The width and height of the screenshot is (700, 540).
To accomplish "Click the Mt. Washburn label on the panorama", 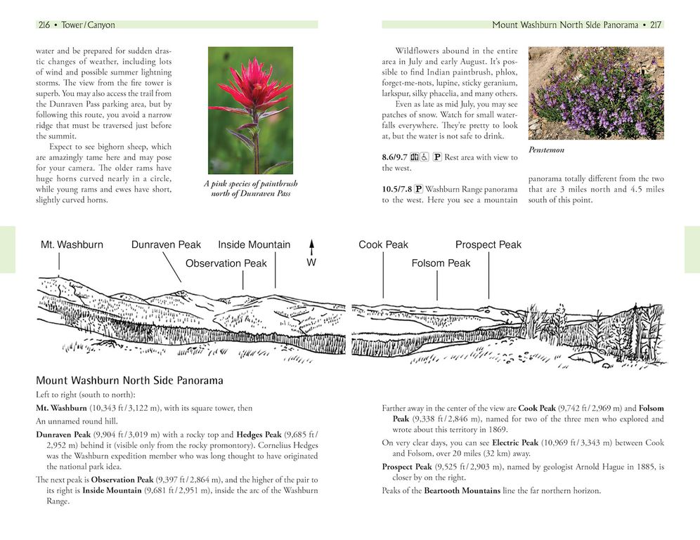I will tap(72, 245).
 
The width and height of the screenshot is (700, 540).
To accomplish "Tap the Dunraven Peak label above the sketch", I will tap(166, 245).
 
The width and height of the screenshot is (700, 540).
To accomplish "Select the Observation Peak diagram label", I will tap(226, 263).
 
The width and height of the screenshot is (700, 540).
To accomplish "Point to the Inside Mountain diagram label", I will tap(254, 245).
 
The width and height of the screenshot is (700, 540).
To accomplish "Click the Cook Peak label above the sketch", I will tap(383, 245).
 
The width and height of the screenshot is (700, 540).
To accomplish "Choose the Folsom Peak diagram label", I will tap(441, 263).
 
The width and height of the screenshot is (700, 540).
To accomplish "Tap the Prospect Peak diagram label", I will tap(488, 245).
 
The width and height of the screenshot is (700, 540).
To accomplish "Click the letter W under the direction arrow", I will tap(311, 263).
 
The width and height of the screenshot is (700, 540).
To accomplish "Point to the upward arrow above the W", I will tap(311, 247).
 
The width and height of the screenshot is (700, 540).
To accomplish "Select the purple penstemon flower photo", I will tap(595, 92).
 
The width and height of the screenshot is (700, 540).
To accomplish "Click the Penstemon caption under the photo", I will tap(546, 150).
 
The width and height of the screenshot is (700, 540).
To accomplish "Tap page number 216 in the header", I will tap(44, 25).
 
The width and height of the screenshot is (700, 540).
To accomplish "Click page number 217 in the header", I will tap(655, 25).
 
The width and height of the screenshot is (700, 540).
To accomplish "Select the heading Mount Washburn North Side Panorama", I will tap(129, 381).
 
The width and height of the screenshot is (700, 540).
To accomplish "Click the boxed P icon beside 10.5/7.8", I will tap(419, 188).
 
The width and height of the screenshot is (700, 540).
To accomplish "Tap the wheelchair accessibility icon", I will tap(424, 157).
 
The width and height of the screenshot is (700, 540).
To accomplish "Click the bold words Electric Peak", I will tap(515, 443).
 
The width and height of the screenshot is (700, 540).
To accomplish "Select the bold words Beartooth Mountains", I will tap(462, 491).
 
